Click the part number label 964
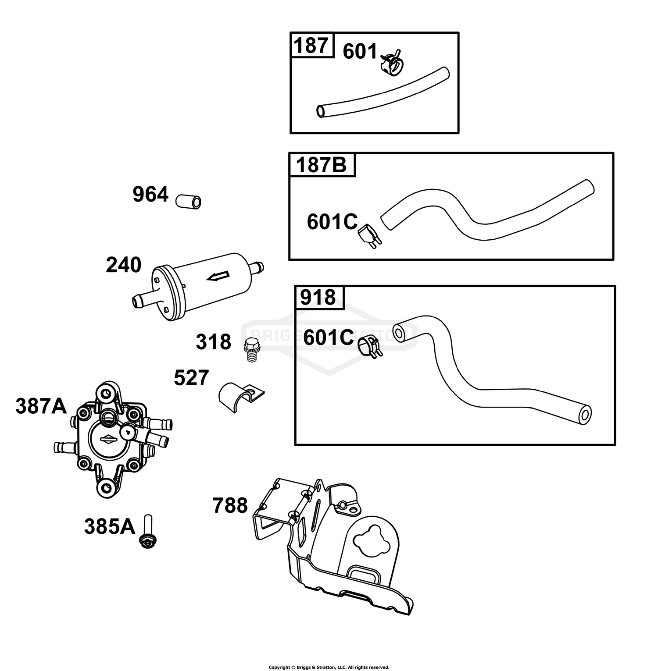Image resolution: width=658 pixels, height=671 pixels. (x=150, y=195)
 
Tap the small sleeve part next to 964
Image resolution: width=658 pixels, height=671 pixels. (x=189, y=202)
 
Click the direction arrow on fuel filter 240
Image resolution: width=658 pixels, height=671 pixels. (x=218, y=276)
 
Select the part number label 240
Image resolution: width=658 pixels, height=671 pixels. (x=124, y=265)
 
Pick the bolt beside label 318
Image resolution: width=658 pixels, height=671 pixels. (x=250, y=349)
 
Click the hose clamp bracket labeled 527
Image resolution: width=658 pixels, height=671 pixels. (x=241, y=397)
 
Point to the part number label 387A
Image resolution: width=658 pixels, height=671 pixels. (x=41, y=406)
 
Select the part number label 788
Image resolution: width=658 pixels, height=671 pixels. (x=230, y=506)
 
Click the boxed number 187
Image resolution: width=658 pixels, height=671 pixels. (x=311, y=46)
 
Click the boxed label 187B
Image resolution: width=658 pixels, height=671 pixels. (x=322, y=165)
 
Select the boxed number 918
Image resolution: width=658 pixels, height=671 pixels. (x=318, y=298)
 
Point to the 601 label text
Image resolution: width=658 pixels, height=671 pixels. (x=360, y=52)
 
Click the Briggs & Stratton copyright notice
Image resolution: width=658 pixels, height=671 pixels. (x=329, y=667)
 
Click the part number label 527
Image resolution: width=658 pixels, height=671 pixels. (x=192, y=378)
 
